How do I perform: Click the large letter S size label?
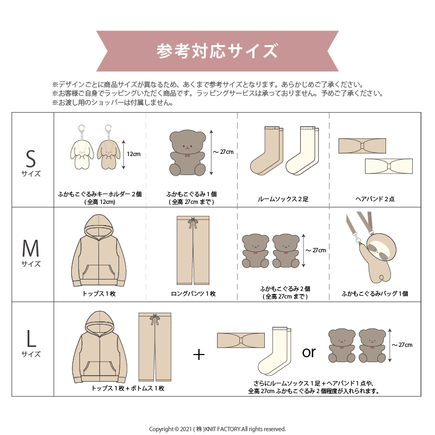tap(31, 159)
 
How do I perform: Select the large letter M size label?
tap(30, 248)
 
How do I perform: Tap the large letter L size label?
tap(31, 339)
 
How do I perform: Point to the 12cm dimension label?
tap(134, 154)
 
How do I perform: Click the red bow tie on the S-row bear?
tap(188, 156)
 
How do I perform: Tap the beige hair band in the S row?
tap(362, 146)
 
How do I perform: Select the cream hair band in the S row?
tap(388, 166)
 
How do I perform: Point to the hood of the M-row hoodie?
tap(98, 227)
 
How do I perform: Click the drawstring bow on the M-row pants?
tap(192, 222)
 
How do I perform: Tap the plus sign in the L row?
tap(198, 355)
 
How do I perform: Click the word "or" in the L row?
tap(309, 352)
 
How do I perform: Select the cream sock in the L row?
tap(275, 351)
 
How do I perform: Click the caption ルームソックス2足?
tap(283, 199)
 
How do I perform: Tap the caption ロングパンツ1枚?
tap(194, 294)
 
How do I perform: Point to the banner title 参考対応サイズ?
tap(217, 51)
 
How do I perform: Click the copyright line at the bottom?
tap(217, 429)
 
